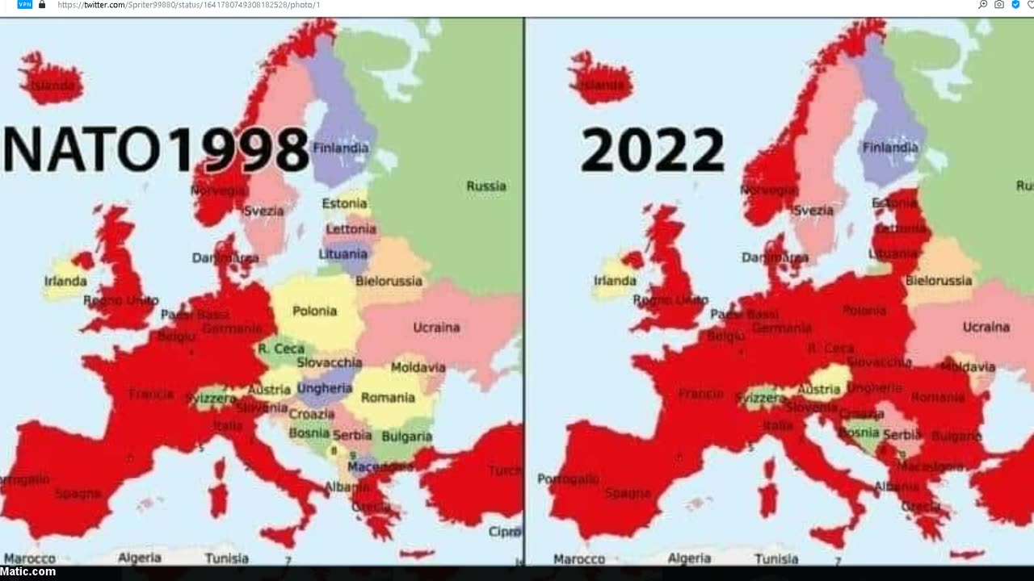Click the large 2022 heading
pyautogui.click(x=653, y=150)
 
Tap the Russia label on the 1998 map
pyautogui.click(x=486, y=186)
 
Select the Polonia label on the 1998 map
pyautogui.click(x=314, y=311)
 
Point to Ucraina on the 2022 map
pyautogui.click(x=986, y=327)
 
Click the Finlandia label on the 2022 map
pyautogui.click(x=890, y=148)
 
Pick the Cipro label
pyautogui.click(x=505, y=532)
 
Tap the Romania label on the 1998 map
pyautogui.click(x=388, y=397)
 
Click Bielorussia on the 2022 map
pyautogui.click(x=939, y=281)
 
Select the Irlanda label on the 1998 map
pyautogui.click(x=65, y=281)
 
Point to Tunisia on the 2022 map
pyautogui.click(x=776, y=558)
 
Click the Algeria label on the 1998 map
pyautogui.click(x=140, y=558)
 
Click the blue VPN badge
pyautogui.click(x=25, y=5)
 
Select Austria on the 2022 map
pyautogui.click(x=818, y=389)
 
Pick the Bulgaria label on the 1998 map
pyautogui.click(x=406, y=437)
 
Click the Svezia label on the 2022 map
pyautogui.click(x=813, y=211)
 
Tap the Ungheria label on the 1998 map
pyautogui.click(x=324, y=388)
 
